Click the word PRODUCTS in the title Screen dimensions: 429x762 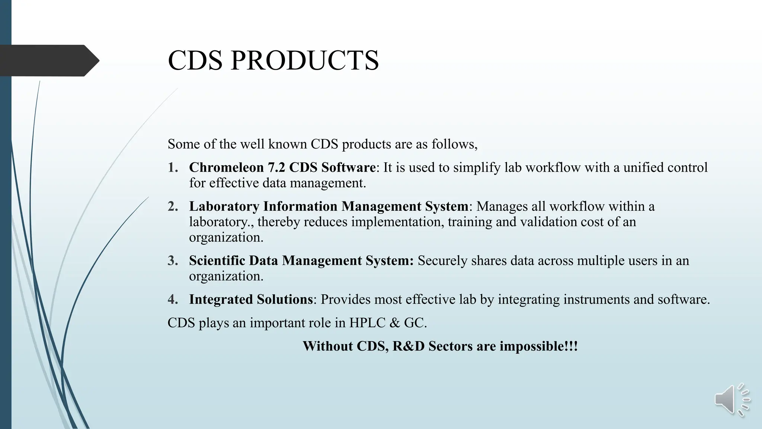coord(304,60)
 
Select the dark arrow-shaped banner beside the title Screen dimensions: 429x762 coord(48,60)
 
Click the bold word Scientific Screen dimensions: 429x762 coord(217,260)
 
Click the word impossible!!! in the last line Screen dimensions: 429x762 coord(538,346)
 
